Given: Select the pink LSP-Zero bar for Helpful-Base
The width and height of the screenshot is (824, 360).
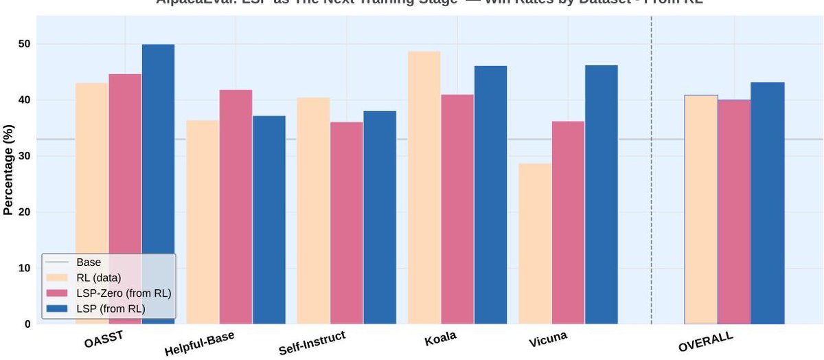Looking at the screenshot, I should click(x=236, y=207).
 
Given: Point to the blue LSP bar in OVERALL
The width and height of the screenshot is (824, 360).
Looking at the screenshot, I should click(x=767, y=203).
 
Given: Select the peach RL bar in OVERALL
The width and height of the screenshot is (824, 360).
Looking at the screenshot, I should click(x=701, y=210).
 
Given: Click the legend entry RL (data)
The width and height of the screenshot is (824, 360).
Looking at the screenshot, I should click(x=100, y=278).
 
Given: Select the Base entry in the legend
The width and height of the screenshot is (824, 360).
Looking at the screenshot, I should click(x=89, y=262).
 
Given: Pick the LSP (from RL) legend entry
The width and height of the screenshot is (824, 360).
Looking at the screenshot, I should click(x=111, y=309).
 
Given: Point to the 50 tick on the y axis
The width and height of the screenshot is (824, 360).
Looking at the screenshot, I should click(x=26, y=44).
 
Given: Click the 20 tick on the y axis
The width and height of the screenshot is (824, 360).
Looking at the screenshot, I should click(x=26, y=212).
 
